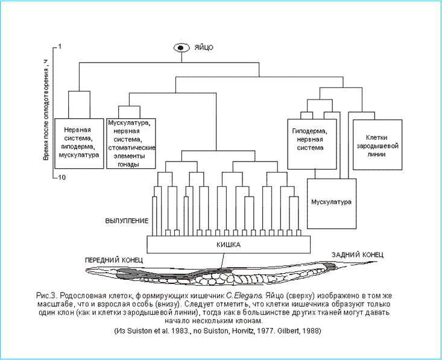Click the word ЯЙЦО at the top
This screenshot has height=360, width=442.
[x=203, y=48]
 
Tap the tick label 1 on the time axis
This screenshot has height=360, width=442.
[x=61, y=46]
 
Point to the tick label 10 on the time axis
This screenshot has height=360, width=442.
[x=62, y=177]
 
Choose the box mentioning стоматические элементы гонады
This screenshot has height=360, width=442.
[x=131, y=144]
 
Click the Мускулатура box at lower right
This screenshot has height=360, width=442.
[x=330, y=202]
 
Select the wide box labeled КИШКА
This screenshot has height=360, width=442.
[x=229, y=245]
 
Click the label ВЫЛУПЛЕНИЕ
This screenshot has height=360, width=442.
[x=127, y=221]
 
